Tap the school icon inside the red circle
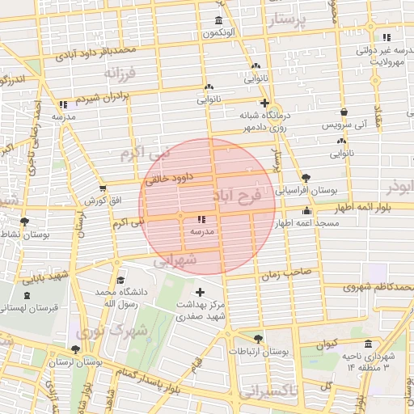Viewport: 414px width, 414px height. (x=201, y=218)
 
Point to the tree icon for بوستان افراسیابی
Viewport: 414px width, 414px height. (x=306, y=178)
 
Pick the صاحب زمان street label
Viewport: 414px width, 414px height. (x=285, y=275)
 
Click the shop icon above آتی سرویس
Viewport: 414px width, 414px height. (x=344, y=112)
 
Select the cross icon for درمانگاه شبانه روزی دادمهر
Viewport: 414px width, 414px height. (x=264, y=103)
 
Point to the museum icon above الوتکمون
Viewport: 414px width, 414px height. (x=218, y=20)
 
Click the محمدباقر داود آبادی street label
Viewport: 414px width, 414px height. (x=95, y=55)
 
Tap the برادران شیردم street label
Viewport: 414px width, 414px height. (x=103, y=97)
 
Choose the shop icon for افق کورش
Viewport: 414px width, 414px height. (x=102, y=188)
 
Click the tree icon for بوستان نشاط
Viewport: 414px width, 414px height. (x=24, y=221)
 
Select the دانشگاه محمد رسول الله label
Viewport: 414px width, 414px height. (x=117, y=297)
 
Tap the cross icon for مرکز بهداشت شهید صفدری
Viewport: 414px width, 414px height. (x=201, y=291)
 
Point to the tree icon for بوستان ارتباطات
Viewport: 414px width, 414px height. (x=258, y=340)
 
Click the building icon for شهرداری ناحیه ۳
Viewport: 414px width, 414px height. (x=369, y=343)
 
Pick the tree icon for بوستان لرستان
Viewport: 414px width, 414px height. (x=75, y=350)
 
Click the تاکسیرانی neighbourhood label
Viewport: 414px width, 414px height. (x=268, y=393)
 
